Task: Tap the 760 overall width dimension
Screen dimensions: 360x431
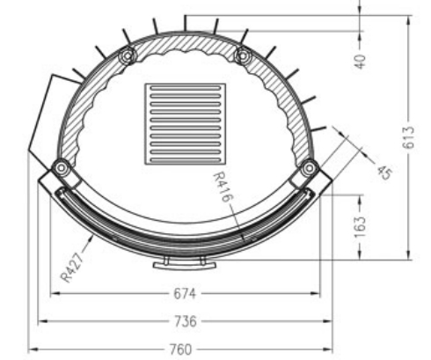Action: tap(179, 349)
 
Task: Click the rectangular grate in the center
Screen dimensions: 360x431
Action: tap(184, 123)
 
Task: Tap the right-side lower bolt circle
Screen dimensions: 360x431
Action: tap(309, 166)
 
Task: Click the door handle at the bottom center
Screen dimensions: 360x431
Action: tap(184, 262)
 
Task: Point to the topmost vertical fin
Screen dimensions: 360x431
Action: tap(185, 22)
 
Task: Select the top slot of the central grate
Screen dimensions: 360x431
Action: tap(184, 91)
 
